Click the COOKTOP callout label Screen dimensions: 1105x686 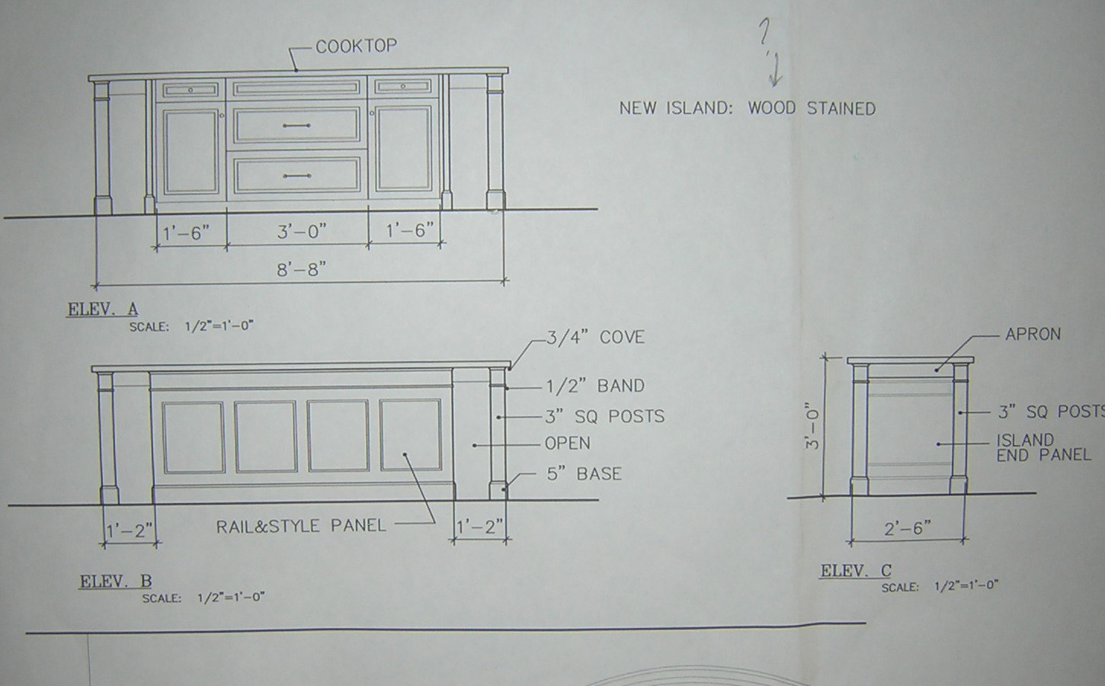tap(356, 46)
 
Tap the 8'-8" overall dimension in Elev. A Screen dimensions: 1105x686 tap(302, 270)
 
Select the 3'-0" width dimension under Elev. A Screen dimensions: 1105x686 tap(302, 231)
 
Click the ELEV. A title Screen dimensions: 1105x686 tap(103, 309)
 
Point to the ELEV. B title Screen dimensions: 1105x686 tap(116, 582)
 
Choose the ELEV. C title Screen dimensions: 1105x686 tap(856, 570)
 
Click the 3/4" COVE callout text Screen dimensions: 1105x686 tap(595, 337)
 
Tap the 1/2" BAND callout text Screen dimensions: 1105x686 tap(595, 386)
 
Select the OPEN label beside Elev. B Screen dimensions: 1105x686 tap(567, 443)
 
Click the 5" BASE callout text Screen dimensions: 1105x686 tap(584, 474)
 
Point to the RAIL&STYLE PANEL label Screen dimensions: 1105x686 tap(301, 526)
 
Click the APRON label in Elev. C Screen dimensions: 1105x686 tap(1033, 334)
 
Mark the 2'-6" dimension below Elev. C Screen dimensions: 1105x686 tap(907, 528)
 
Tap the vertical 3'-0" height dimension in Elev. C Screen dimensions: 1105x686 tap(812, 426)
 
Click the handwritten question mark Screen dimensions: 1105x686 tap(764, 31)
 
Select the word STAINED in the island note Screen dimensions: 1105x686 tap(841, 108)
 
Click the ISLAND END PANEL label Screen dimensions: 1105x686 tap(1043, 447)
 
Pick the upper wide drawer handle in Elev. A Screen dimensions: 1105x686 tap(296, 125)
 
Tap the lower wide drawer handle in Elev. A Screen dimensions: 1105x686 tap(296, 176)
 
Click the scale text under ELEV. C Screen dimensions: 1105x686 tap(940, 587)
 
